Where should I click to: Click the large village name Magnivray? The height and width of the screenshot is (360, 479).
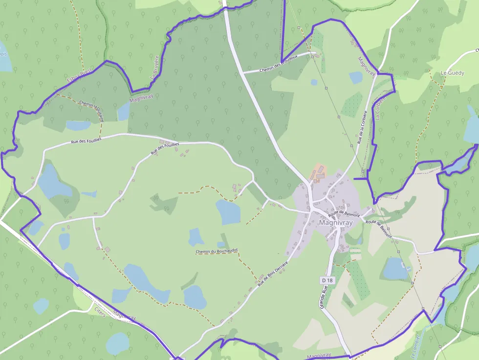(335, 222)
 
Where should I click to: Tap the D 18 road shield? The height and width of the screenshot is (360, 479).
(327, 280)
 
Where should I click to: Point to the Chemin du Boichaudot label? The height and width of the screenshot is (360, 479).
(216, 252)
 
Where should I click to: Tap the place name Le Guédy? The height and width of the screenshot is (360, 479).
(452, 73)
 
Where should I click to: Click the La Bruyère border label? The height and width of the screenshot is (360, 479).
(155, 70)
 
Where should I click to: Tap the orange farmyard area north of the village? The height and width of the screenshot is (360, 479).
(318, 172)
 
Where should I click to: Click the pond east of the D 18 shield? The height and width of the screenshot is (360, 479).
(394, 268)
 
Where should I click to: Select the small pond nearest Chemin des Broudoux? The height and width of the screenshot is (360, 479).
(356, 77)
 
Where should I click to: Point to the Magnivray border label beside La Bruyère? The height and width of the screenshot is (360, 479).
(141, 98)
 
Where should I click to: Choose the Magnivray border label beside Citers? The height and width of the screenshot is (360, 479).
(124, 315)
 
